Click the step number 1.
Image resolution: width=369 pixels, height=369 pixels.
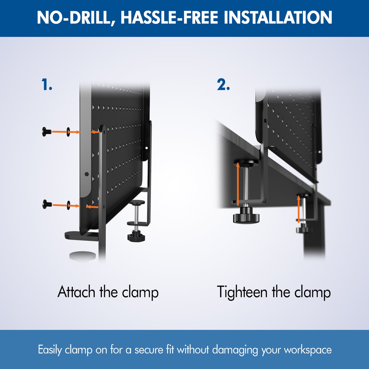(47, 85)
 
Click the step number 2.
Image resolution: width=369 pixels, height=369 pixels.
(223, 85)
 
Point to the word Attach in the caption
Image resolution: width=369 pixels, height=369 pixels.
(76, 292)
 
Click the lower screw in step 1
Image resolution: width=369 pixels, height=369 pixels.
(47, 204)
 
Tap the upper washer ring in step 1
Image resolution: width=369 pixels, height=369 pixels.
(68, 132)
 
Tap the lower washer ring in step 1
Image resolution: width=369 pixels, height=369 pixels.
(69, 205)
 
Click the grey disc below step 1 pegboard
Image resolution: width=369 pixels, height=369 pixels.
(82, 256)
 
